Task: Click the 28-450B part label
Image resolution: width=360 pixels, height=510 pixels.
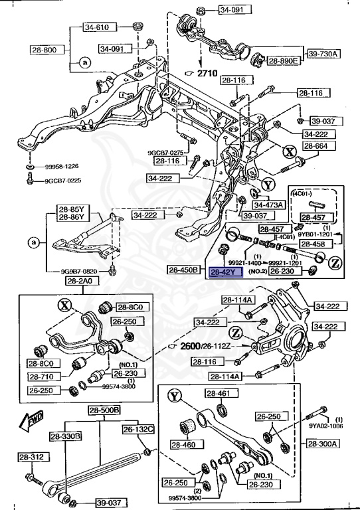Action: click(x=184, y=270)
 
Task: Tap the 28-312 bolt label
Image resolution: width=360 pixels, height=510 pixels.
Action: click(x=31, y=458)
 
